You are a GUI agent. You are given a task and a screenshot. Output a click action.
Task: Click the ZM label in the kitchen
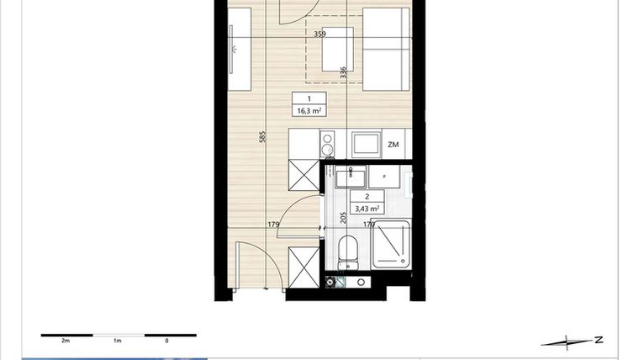pyautogui.click(x=393, y=145)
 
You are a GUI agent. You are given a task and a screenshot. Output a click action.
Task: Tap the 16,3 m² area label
pyautogui.click(x=309, y=110)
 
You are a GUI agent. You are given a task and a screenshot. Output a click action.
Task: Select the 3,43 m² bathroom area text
pyautogui.click(x=367, y=209)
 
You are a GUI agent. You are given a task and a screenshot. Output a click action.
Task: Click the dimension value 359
pyautogui.click(x=319, y=34)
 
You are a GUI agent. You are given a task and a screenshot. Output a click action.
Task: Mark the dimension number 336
pyautogui.click(x=343, y=73)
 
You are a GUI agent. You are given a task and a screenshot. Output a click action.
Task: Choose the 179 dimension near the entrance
pyautogui.click(x=273, y=225)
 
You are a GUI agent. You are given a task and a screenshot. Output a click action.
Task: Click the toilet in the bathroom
pyautogui.click(x=346, y=249)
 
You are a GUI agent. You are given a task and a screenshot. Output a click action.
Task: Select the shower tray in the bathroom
pyautogui.click(x=391, y=245)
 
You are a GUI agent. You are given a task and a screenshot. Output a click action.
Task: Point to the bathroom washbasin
pyautogui.click(x=350, y=177)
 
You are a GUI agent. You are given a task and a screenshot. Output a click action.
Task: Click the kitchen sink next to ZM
pyautogui.click(x=366, y=143)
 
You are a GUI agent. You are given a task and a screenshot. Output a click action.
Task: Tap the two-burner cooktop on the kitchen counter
pyautogui.click(x=328, y=144)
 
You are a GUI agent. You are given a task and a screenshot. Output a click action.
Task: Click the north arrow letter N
pyautogui.click(x=598, y=340)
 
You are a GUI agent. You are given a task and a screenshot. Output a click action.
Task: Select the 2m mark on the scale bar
pyautogui.click(x=65, y=341)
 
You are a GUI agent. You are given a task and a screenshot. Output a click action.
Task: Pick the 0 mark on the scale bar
pyautogui.click(x=166, y=341)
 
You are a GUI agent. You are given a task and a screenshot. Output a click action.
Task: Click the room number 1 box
pyautogui.click(x=309, y=98)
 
